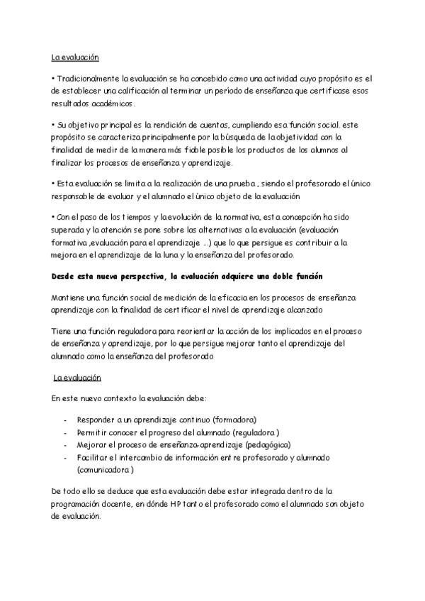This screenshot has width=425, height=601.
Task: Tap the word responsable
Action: [75, 196]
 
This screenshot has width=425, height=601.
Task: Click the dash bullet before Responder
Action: [66, 419]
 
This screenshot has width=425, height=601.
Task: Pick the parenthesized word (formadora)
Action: [231, 419]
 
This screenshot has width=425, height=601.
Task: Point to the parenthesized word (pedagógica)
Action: [267, 444]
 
